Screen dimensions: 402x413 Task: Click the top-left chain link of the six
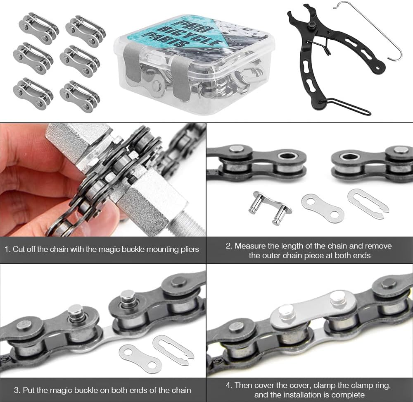[x=38, y=28]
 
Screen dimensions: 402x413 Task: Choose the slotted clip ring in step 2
[x=368, y=203]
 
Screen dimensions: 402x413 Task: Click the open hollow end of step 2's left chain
[x=285, y=156]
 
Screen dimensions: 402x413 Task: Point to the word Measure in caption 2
[x=250, y=246]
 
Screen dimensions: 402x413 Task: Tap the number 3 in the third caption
[x=17, y=390]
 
